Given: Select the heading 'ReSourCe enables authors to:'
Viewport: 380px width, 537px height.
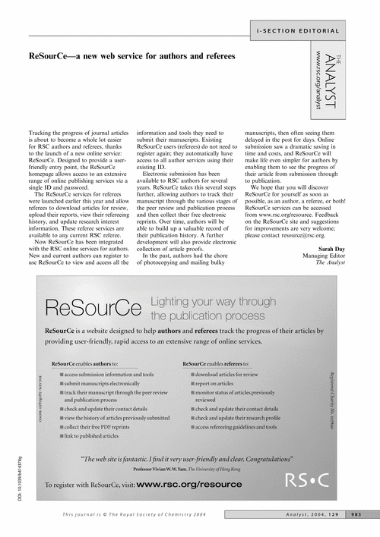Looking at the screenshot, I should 90,364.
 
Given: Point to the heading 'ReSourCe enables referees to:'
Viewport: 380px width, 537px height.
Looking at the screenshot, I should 222,364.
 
